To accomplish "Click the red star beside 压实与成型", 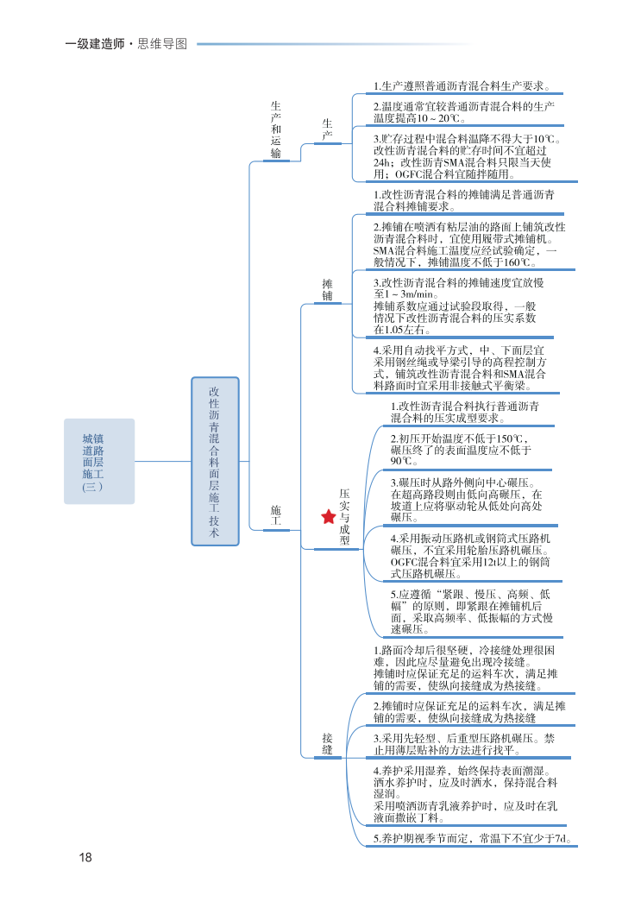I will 329,517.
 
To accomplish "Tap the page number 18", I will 85,857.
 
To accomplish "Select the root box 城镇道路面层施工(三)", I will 99,461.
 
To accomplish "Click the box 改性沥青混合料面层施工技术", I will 215,461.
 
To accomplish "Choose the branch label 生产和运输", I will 276,129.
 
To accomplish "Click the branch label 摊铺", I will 328,289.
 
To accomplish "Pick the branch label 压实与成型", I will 344,516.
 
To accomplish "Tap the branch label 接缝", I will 328,744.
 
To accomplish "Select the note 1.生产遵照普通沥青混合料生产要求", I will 462,86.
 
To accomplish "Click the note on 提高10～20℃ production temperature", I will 462,112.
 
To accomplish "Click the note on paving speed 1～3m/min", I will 457,306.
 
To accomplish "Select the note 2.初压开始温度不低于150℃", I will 461,450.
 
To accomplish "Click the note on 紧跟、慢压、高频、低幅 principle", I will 471,611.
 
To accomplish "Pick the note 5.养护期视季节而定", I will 474,838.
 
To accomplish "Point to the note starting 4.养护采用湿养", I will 466,792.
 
